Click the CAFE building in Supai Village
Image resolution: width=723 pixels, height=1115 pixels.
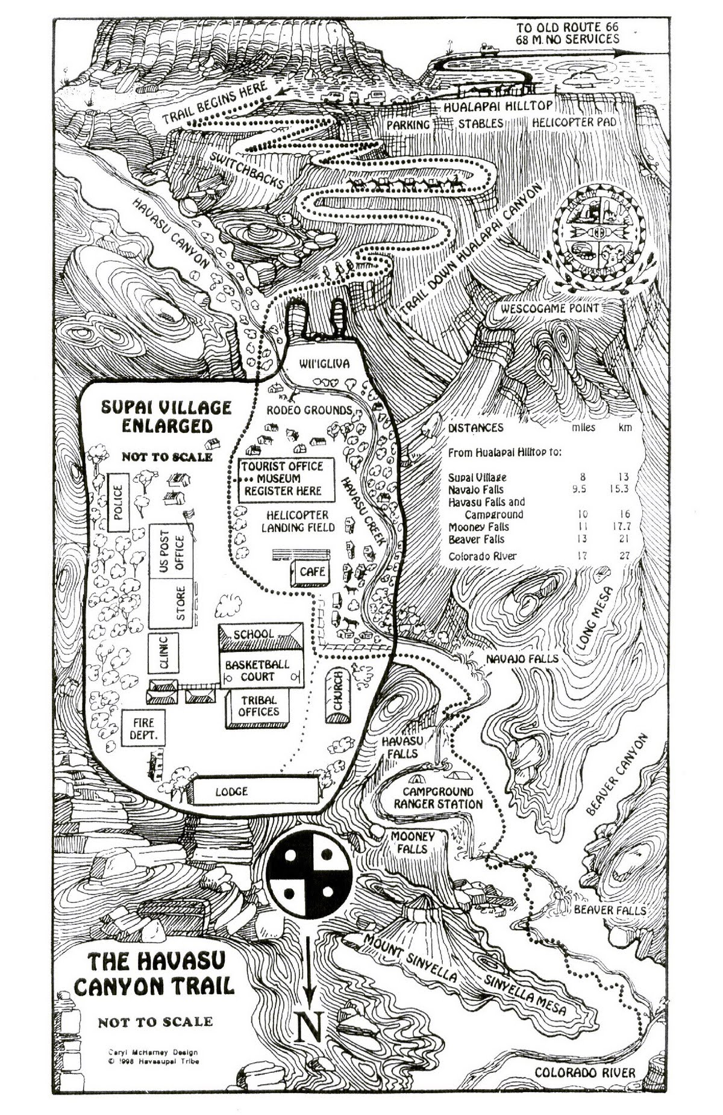311,572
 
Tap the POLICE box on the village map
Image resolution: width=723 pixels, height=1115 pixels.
119,502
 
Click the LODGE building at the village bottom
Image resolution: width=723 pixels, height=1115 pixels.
254,791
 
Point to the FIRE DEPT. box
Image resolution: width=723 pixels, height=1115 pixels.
143,728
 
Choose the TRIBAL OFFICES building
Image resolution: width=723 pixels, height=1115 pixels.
258,706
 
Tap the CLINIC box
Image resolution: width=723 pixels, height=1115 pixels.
163,653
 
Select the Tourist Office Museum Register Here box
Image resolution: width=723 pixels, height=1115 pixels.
283,479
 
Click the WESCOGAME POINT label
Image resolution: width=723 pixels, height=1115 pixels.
550,308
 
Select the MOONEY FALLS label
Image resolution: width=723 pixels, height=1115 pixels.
412,843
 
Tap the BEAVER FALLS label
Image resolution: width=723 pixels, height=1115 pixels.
609,910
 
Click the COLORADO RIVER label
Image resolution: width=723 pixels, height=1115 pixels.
584,1072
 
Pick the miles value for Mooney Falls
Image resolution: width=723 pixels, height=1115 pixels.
582,527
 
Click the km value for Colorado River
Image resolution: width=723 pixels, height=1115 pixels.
624,556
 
